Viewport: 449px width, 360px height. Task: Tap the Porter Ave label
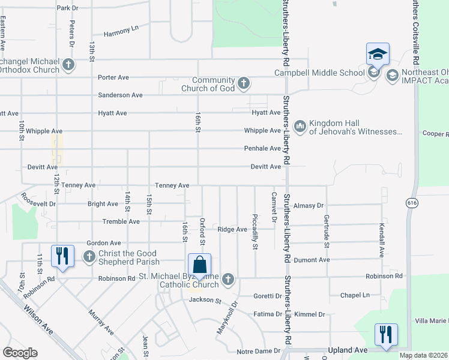tap(114, 77)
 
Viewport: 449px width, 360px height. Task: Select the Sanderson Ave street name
tap(120, 95)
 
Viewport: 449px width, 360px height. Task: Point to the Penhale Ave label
tap(262, 148)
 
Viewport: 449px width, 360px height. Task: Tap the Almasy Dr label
tap(310, 205)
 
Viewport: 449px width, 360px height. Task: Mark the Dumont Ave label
tap(316, 260)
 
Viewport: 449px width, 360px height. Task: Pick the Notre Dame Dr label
tap(259, 351)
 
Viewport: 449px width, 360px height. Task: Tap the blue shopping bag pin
tap(199, 265)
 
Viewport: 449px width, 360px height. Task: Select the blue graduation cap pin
tap(378, 55)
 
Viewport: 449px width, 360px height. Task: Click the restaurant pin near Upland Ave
tap(385, 334)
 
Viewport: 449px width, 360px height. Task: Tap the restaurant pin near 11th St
tap(62, 256)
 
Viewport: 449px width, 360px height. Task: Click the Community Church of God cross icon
tap(243, 83)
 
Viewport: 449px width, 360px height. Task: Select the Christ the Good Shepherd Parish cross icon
tap(89, 257)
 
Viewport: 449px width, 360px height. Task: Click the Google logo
tap(19, 353)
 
